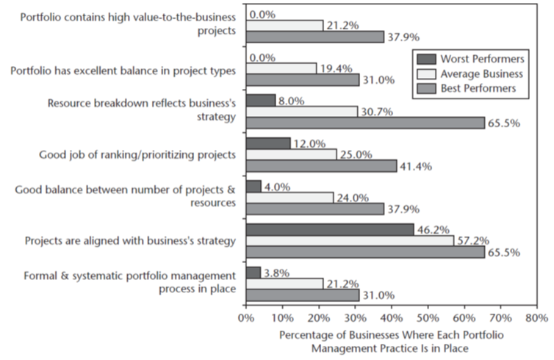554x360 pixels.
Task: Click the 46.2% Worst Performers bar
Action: coord(329,229)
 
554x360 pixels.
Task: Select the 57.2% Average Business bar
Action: coord(350,241)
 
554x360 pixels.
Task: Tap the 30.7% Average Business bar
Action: coord(301,111)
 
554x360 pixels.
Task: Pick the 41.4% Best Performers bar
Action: coord(321,166)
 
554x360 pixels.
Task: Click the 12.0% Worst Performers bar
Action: coord(267,143)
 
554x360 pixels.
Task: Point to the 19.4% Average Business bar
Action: coord(281,68)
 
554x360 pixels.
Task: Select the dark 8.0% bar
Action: coord(260,99)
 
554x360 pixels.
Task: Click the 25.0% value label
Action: coord(353,154)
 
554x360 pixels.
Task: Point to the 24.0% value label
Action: coord(350,197)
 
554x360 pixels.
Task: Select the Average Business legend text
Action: coord(483,73)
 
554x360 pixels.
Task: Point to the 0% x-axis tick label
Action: coord(246,318)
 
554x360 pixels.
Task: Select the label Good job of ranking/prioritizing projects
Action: coord(137,154)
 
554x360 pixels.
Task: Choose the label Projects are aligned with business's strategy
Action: coord(130,240)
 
